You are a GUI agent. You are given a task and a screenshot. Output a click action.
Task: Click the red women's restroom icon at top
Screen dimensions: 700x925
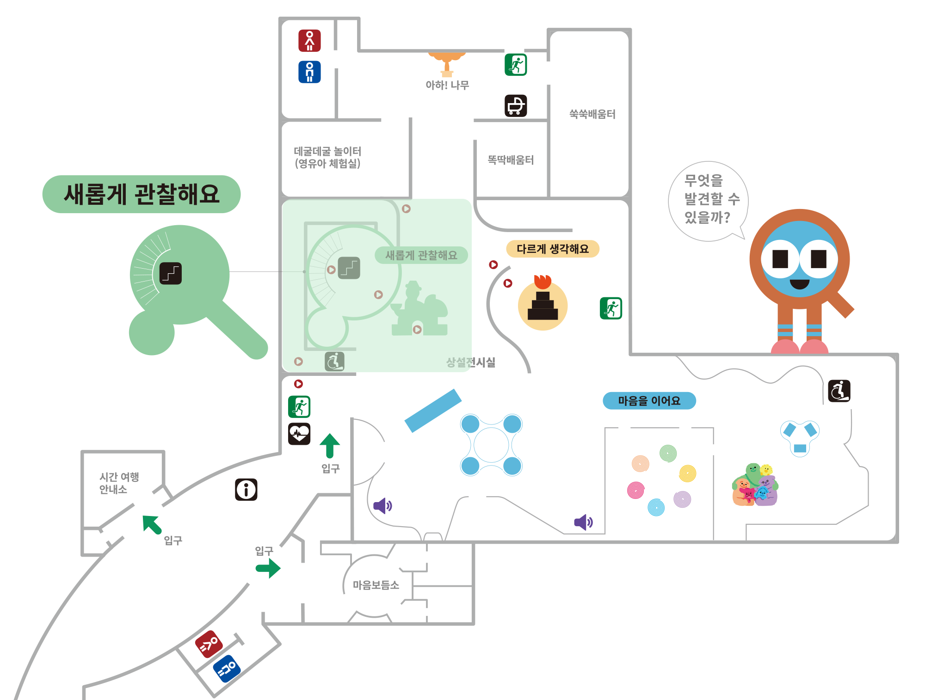tap(309, 41)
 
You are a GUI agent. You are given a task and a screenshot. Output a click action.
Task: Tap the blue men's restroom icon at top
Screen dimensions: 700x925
tap(309, 72)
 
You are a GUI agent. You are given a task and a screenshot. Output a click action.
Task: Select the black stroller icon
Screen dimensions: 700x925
tap(516, 106)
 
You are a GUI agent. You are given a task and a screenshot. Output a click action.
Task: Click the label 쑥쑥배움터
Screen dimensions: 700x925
tap(592, 114)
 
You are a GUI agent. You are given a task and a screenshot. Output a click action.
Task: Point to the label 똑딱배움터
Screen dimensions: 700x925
tap(511, 160)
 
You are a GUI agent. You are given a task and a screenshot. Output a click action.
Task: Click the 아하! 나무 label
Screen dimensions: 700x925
tap(447, 85)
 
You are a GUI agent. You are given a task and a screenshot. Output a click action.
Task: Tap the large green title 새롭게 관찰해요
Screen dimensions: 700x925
tap(142, 194)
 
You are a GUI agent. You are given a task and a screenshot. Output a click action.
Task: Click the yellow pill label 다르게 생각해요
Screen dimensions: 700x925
tap(553, 249)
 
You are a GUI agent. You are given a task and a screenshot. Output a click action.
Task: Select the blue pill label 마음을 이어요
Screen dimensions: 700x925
tap(649, 401)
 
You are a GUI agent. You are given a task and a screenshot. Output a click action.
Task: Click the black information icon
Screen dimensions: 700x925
tap(246, 490)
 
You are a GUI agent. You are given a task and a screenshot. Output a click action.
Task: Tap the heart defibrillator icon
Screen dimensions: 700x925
tap(299, 434)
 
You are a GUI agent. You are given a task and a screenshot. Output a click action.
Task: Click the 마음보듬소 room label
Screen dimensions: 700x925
tap(376, 585)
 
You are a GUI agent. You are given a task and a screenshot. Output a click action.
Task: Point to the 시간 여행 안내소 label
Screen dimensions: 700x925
tap(119, 483)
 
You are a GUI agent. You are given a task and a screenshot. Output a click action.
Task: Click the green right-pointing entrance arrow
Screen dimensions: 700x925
tap(268, 568)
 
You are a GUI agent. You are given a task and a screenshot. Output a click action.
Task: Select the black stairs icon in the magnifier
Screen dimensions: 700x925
tap(171, 273)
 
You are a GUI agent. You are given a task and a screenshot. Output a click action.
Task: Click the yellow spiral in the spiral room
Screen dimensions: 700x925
tap(688, 473)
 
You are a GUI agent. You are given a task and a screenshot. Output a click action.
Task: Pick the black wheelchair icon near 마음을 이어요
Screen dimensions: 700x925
tap(839, 391)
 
